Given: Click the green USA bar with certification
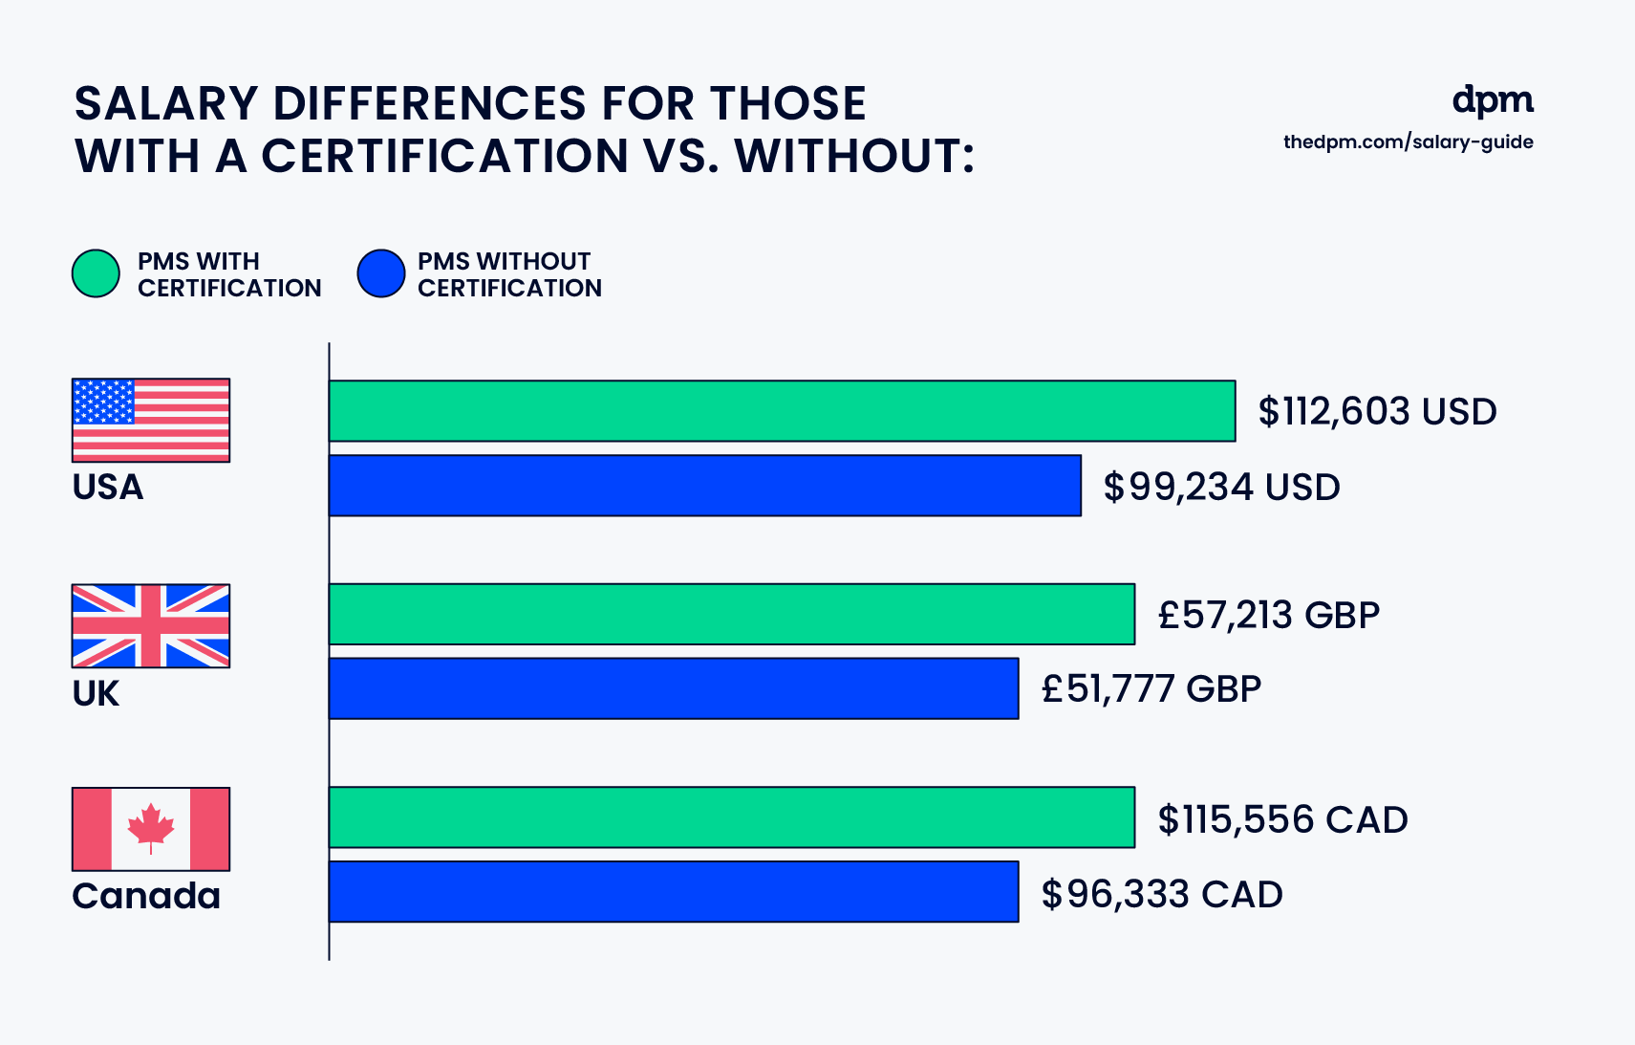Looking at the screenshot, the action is pyautogui.click(x=782, y=411).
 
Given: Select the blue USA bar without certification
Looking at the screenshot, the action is pyautogui.click(x=705, y=486).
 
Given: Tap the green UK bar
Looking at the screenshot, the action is pyautogui.click(x=732, y=614).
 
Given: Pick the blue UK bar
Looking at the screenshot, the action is pyautogui.click(x=674, y=688).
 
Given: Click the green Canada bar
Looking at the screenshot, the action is pyautogui.click(x=732, y=817).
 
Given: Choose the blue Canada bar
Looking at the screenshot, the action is pyautogui.click(x=674, y=892).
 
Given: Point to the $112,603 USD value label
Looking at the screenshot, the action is pyautogui.click(x=1377, y=412).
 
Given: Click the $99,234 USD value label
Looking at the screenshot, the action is pyautogui.click(x=1222, y=487).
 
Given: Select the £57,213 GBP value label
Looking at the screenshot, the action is pyautogui.click(x=1269, y=616).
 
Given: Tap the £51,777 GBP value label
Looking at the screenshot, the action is pyautogui.click(x=1151, y=689).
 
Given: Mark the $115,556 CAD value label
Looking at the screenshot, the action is pyautogui.click(x=1283, y=819).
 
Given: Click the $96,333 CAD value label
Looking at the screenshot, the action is pyautogui.click(x=1162, y=894).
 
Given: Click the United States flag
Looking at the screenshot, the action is pyautogui.click(x=151, y=420).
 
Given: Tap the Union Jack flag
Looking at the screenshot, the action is pyautogui.click(x=151, y=626).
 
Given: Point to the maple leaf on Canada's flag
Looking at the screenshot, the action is pyautogui.click(x=151, y=827).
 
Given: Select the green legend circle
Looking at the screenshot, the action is pyautogui.click(x=96, y=273).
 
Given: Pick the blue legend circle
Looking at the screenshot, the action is pyautogui.click(x=381, y=273).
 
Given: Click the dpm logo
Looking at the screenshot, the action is pyautogui.click(x=1493, y=100).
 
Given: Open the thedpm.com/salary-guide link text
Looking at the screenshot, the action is pyautogui.click(x=1408, y=142).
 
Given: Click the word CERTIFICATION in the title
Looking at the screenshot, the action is pyautogui.click(x=444, y=156).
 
